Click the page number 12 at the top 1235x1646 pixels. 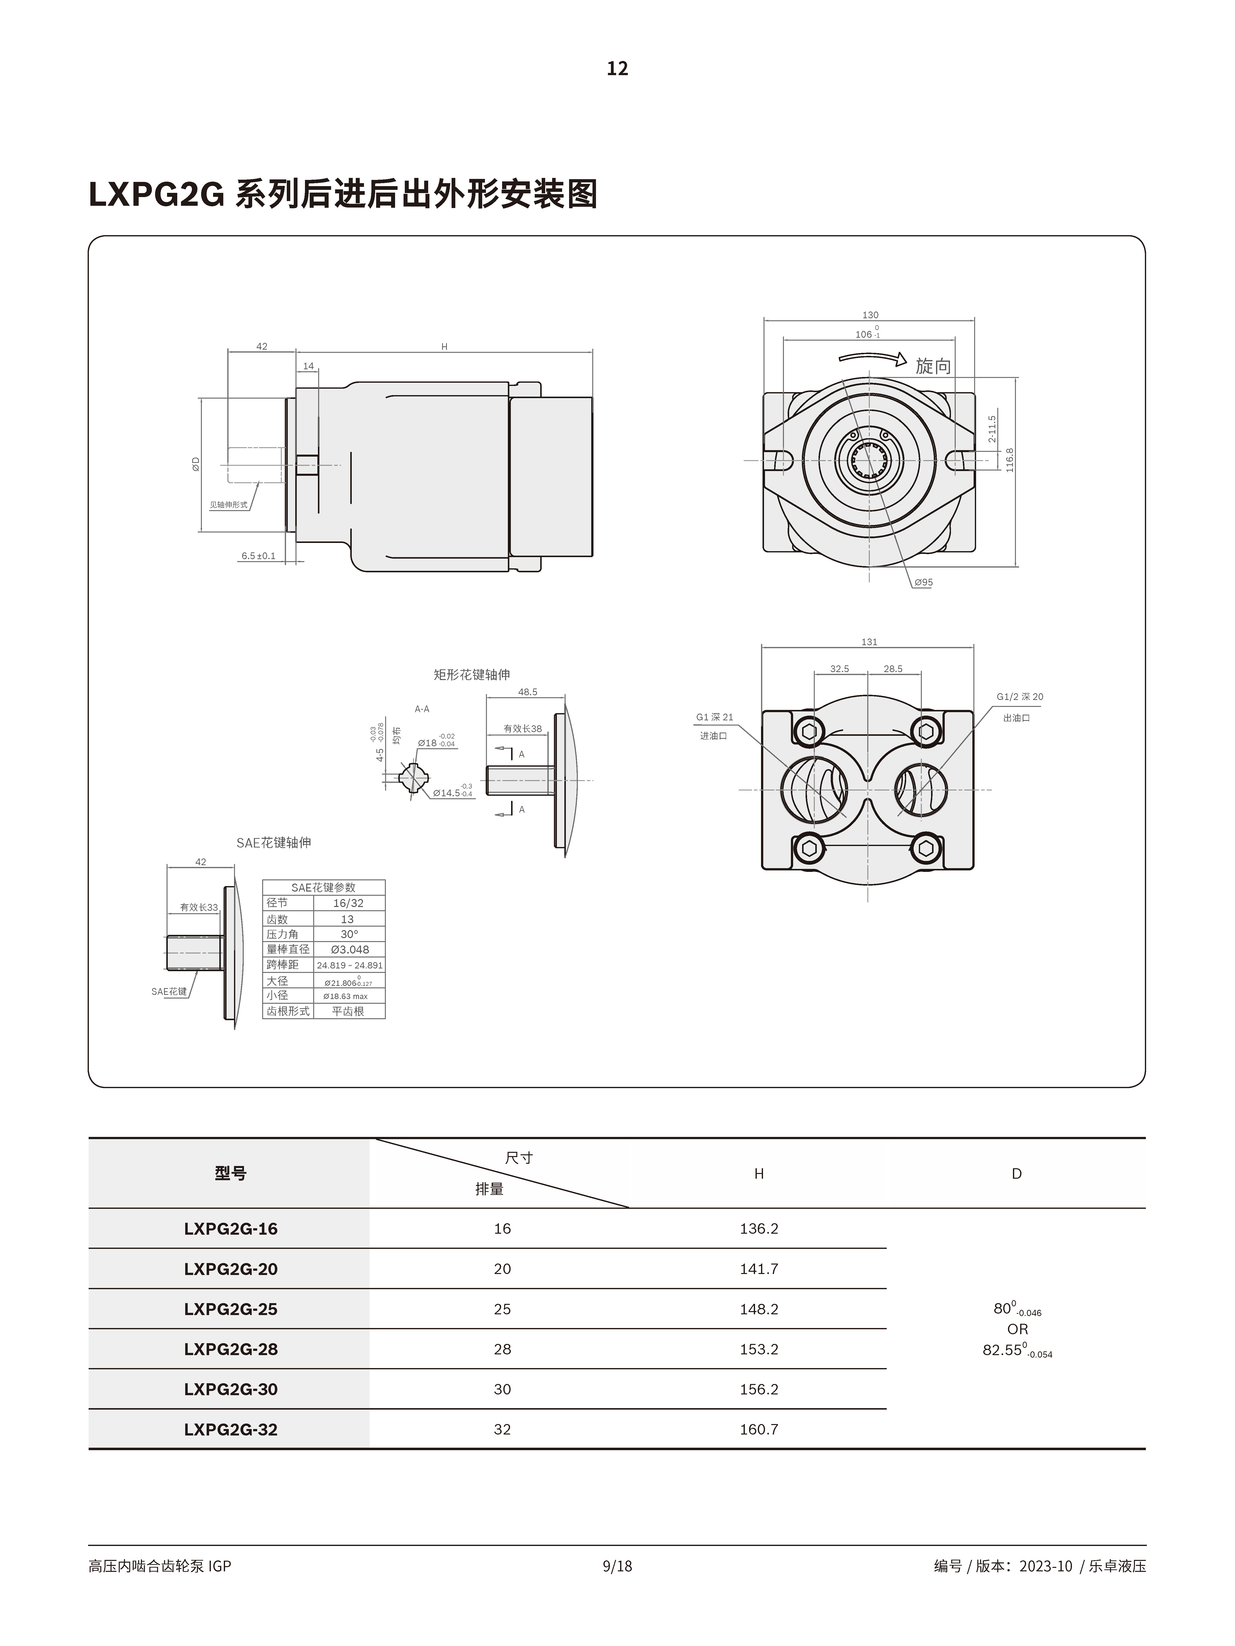(617, 68)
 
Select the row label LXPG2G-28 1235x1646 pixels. (231, 1349)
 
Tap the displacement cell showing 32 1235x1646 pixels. (502, 1430)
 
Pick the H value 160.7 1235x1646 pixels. (759, 1430)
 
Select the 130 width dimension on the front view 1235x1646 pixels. (870, 315)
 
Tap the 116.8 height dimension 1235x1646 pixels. (1009, 459)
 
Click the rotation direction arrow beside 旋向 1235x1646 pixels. (873, 359)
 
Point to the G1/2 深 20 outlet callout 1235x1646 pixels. (1020, 696)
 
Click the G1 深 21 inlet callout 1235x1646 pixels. (715, 717)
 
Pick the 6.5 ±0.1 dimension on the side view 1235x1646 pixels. (258, 556)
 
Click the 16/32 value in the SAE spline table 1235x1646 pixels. (348, 903)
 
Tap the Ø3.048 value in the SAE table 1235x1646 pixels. (348, 950)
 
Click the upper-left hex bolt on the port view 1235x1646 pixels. (808, 732)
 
